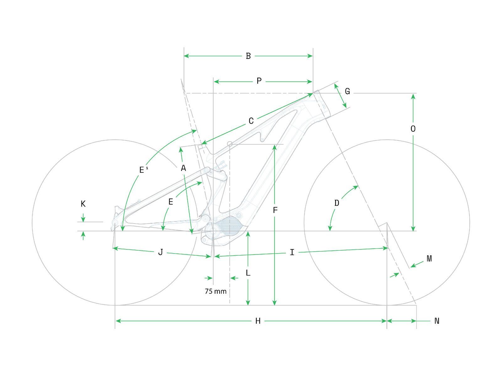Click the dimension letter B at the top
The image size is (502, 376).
coord(248,56)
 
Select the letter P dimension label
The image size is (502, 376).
coord(259,81)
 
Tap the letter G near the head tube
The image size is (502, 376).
coord(347,91)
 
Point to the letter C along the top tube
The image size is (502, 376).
coord(251,121)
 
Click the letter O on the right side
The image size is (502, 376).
coord(413,129)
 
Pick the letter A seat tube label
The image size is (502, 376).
coord(183,168)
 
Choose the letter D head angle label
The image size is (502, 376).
coord(337,203)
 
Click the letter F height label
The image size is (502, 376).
coord(275,210)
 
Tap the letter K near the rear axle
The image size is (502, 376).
coord(83,204)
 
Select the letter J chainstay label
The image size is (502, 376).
coord(161,252)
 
